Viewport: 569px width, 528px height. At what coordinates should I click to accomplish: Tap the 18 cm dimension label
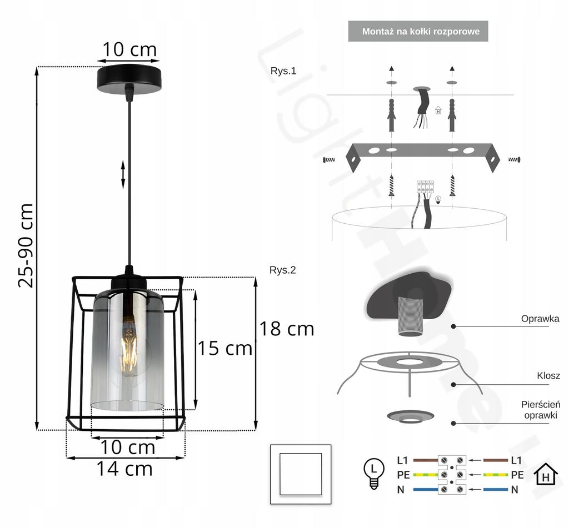pyautogui.click(x=287, y=329)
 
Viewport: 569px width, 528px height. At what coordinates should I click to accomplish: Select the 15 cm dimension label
pyautogui.click(x=225, y=349)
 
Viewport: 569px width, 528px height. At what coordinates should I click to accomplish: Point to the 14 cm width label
pyautogui.click(x=124, y=469)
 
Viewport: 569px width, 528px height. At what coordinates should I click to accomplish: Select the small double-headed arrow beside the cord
pyautogui.click(x=123, y=174)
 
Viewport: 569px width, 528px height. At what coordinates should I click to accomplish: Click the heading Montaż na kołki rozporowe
pyautogui.click(x=421, y=32)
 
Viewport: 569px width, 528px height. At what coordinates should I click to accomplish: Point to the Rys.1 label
pyautogui.click(x=283, y=71)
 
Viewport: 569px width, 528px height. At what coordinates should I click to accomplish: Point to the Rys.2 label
pyautogui.click(x=283, y=270)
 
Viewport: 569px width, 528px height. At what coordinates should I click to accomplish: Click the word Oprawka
pyautogui.click(x=540, y=319)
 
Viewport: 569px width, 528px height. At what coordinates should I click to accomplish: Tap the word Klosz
pyautogui.click(x=548, y=376)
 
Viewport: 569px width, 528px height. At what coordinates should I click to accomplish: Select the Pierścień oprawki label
pyautogui.click(x=541, y=410)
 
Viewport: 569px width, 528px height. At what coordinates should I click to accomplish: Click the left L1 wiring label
pyautogui.click(x=402, y=460)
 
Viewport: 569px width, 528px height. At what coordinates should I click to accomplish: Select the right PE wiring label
pyautogui.click(x=517, y=475)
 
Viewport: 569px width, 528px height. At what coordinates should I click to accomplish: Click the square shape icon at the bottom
pyautogui.click(x=300, y=474)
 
